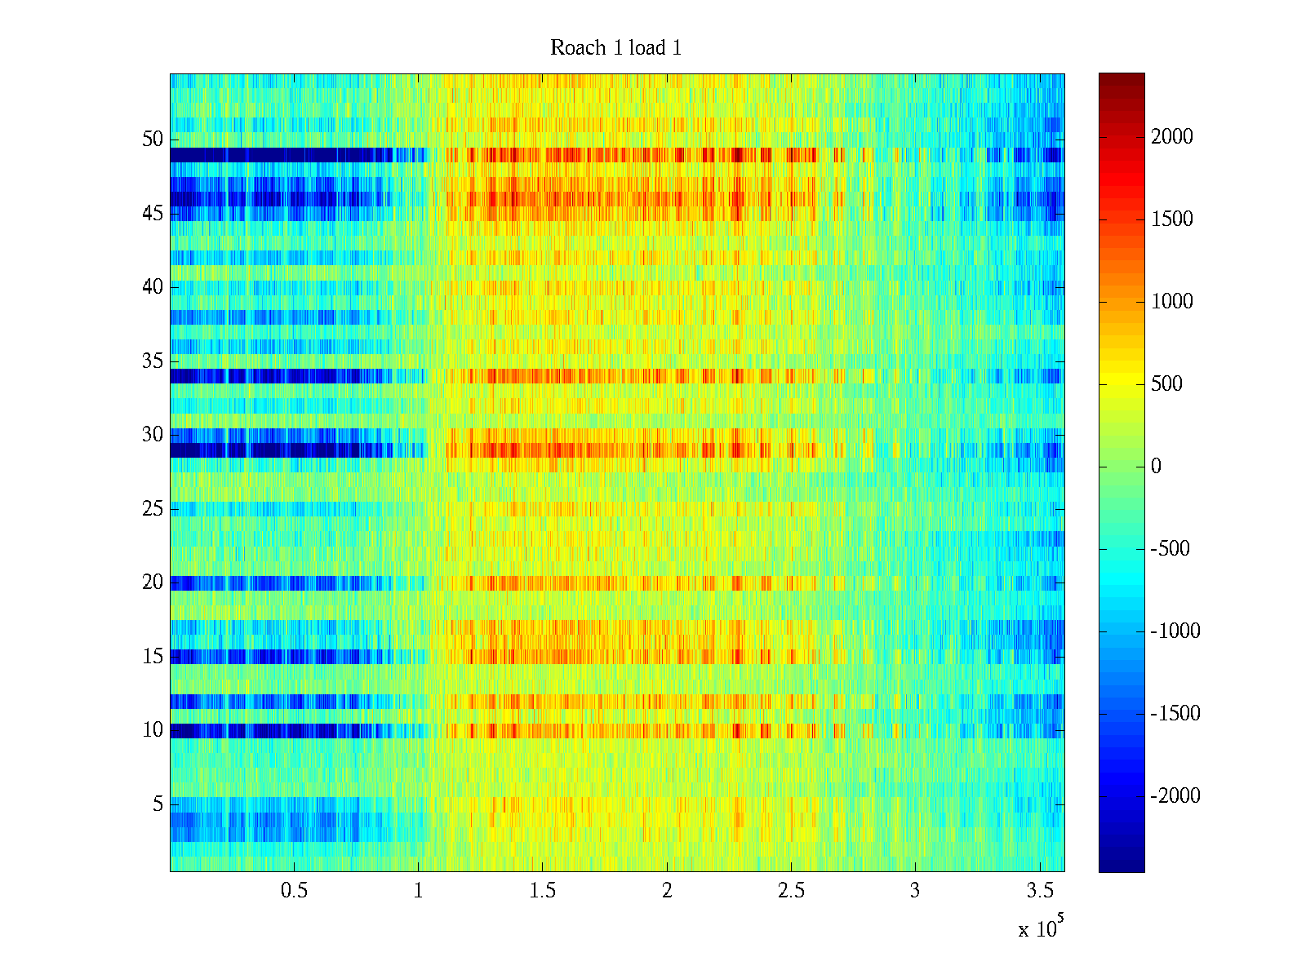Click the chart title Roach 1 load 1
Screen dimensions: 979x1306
tap(615, 48)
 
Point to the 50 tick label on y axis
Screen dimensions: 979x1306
tap(153, 140)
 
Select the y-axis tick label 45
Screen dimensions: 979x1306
tap(153, 214)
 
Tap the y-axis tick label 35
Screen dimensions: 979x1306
tap(153, 361)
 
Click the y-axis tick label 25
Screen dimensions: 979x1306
tap(153, 509)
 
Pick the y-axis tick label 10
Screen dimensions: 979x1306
tap(153, 730)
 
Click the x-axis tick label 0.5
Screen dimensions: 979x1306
tap(294, 891)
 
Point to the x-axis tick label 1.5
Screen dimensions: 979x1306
tap(542, 891)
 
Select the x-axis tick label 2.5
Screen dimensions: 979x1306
tap(791, 891)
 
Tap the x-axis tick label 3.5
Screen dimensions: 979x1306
tap(1039, 891)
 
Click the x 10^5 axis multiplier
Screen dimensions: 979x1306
tap(1041, 928)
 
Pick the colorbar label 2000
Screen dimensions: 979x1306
tap(1172, 137)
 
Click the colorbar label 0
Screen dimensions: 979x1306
tap(1156, 467)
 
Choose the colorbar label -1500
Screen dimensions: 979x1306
tap(1175, 714)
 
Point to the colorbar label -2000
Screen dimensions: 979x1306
tap(1175, 796)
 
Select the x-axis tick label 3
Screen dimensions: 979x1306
tap(915, 891)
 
